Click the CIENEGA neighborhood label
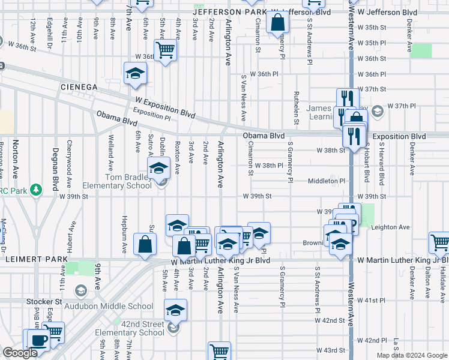tap(79, 87)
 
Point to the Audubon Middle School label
tap(115, 306)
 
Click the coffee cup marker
tap(38, 341)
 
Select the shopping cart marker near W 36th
tap(165, 50)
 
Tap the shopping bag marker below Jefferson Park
tap(277, 23)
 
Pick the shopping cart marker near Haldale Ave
tap(439, 243)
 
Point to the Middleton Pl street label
tap(327, 181)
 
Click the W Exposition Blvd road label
tap(166, 107)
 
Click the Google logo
tap(20, 353)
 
